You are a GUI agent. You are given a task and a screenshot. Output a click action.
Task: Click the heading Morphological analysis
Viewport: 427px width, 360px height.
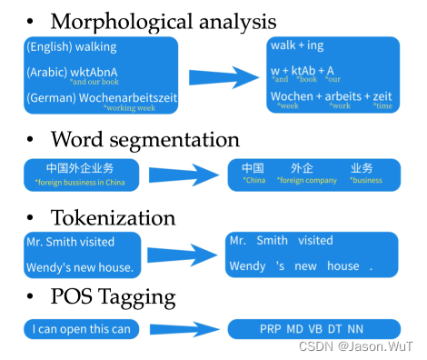coord(164,22)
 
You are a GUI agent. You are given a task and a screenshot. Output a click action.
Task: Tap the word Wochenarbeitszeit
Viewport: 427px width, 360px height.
coord(128,97)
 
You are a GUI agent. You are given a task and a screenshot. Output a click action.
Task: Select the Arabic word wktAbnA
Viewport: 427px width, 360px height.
coord(94,72)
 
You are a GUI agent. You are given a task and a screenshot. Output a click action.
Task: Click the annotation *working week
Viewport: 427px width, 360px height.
coord(129,108)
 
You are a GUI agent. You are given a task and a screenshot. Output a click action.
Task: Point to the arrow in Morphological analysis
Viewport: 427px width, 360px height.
coord(223,77)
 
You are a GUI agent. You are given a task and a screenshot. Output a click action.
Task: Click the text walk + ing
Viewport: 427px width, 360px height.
coord(297,45)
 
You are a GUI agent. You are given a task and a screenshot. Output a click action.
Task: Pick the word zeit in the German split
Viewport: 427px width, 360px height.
coord(382,96)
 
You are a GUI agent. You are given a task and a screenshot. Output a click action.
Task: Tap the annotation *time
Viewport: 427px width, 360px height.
coord(382,105)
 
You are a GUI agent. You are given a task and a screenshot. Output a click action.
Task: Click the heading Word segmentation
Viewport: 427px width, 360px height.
coord(145,140)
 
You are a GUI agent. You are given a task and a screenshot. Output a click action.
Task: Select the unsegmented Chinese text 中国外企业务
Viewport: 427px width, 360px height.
coord(80,168)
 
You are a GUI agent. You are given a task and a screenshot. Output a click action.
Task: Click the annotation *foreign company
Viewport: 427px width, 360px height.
coord(307,181)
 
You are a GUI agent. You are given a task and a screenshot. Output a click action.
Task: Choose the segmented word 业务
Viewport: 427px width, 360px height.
coord(362,168)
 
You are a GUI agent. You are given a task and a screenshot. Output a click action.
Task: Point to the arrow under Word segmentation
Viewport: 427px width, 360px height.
coord(184,175)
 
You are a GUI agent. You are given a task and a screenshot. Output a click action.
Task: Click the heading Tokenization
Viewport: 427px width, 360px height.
coord(113,217)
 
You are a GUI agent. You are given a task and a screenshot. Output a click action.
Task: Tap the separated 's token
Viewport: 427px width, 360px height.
coord(280,266)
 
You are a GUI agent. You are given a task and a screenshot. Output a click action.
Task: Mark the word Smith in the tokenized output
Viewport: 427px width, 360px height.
coord(272,240)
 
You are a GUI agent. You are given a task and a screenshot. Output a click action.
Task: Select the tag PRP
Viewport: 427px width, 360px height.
coord(270,329)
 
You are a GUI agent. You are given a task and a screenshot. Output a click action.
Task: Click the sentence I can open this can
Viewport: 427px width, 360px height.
coord(82,329)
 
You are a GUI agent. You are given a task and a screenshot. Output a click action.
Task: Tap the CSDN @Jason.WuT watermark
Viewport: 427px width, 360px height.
coord(355,346)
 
